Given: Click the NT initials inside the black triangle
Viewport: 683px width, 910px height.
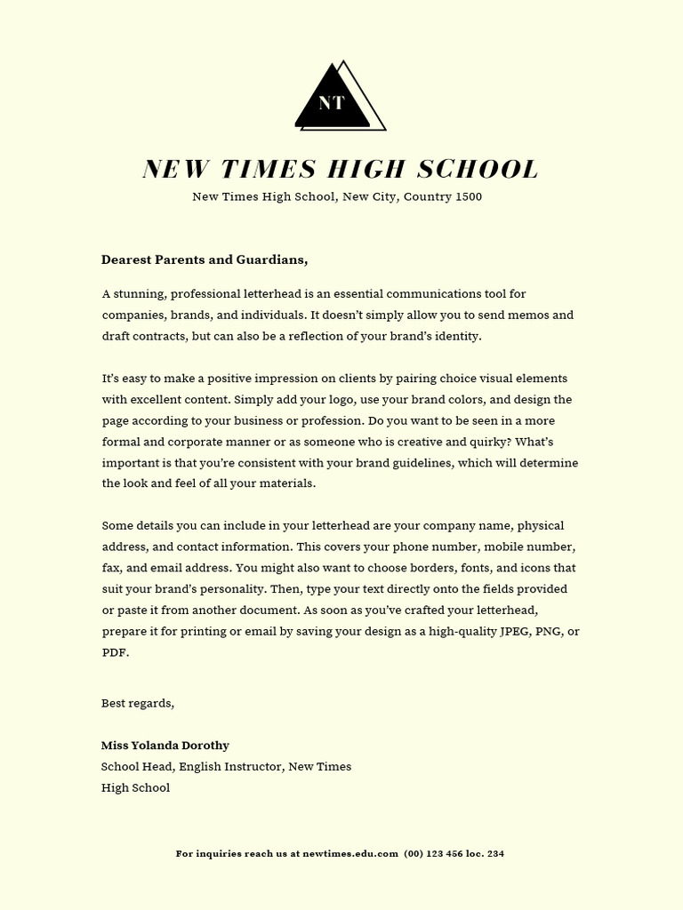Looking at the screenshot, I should click(331, 103).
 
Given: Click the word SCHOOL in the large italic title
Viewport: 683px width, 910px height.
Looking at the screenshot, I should click(478, 169).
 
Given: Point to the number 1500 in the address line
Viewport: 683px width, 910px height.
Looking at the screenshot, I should click(469, 196).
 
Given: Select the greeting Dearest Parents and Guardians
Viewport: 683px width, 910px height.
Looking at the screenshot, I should click(205, 259).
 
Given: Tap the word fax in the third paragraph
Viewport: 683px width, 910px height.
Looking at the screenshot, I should click(111, 568).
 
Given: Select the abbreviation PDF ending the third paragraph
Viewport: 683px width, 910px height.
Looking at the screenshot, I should click(114, 652).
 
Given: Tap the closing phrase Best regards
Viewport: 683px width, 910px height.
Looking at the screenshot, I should click(138, 703).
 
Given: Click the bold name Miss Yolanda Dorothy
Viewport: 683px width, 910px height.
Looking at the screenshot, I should click(165, 745).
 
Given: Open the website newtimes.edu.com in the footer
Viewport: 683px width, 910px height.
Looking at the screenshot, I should click(350, 853).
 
